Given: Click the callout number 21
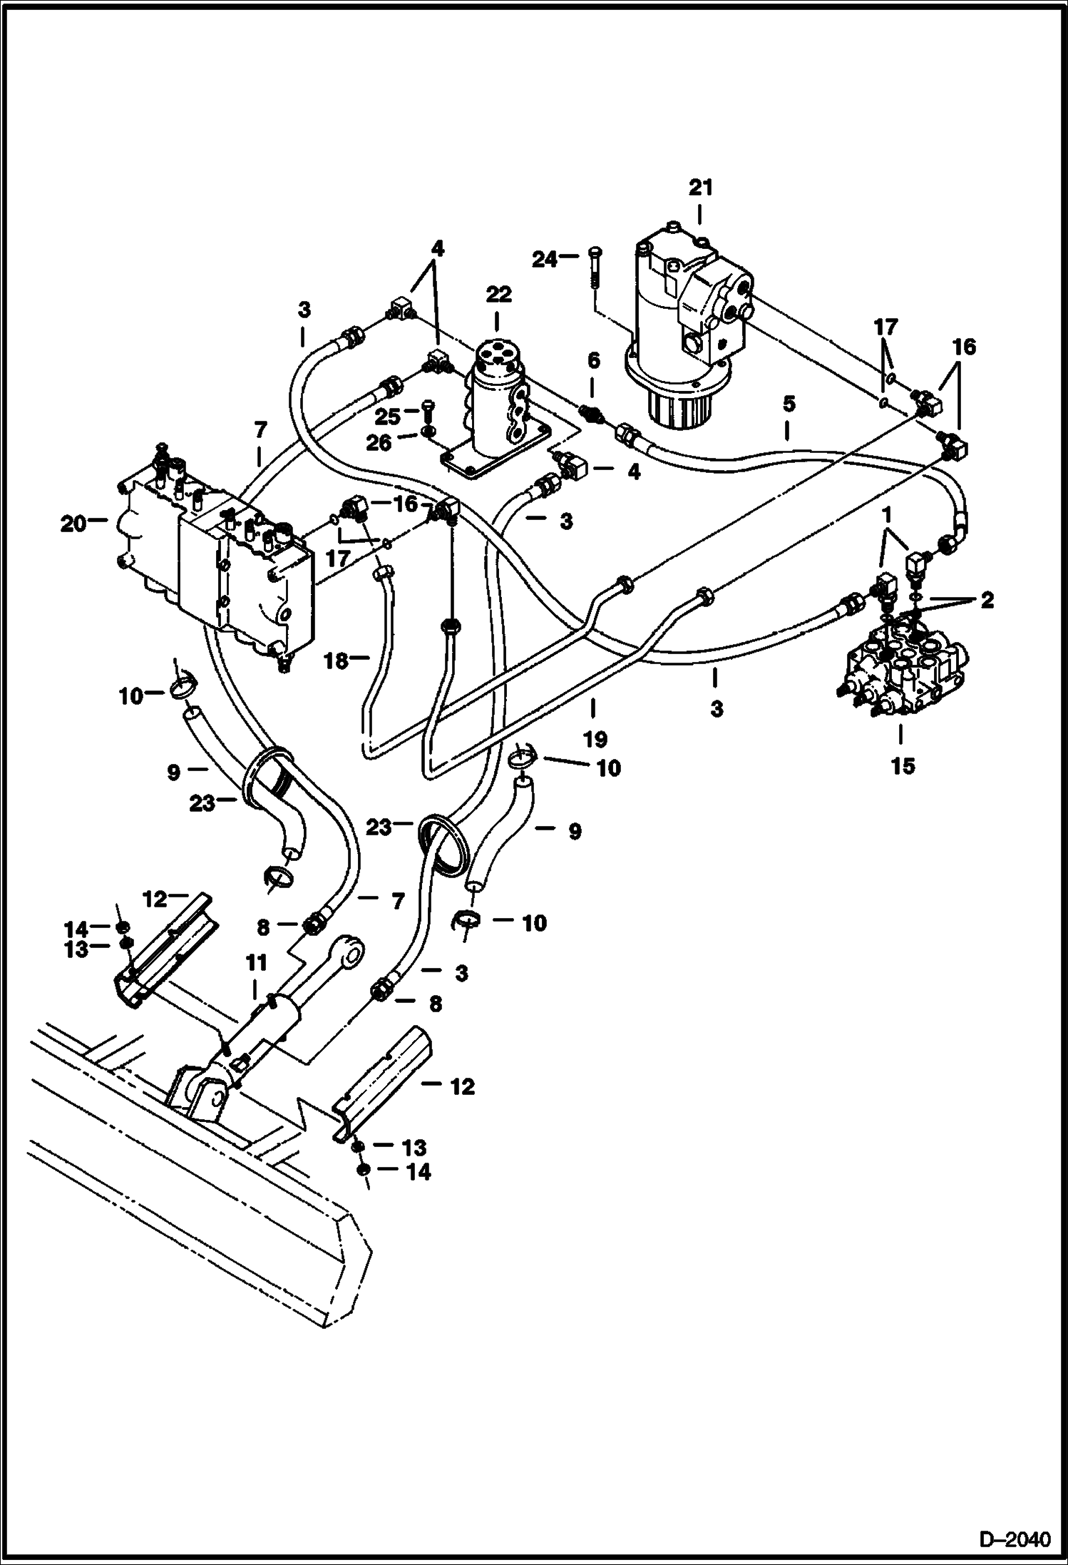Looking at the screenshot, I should pos(699,188).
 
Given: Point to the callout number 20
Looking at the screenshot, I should pos(73,524).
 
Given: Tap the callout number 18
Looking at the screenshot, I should pos(336,661).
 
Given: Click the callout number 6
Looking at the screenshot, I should pos(594,361).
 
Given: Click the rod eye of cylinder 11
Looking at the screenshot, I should pos(351,951).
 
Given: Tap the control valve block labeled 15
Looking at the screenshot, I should pos(902,667).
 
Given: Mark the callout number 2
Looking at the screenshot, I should pos(986,601).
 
